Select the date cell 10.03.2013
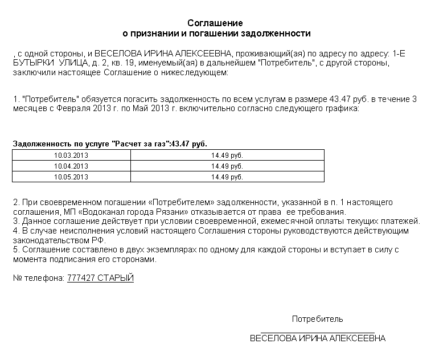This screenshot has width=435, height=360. pos(71,155)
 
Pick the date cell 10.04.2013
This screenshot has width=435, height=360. pos(71,166)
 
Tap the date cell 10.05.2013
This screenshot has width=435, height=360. pos(71,177)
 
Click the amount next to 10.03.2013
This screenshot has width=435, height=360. pos(227,155)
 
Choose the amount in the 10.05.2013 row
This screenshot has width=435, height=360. pos(227,177)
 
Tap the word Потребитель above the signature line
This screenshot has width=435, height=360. pos(317,319)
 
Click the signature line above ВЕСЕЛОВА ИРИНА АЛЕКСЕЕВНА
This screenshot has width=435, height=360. pos(317,332)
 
